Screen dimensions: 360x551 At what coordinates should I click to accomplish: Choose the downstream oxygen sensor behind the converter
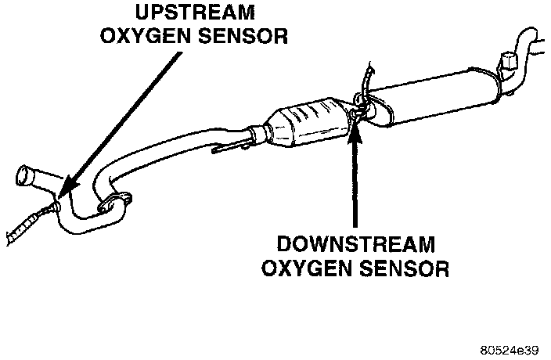pos(356,113)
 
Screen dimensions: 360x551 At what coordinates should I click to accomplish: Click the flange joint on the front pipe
pos(116,204)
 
